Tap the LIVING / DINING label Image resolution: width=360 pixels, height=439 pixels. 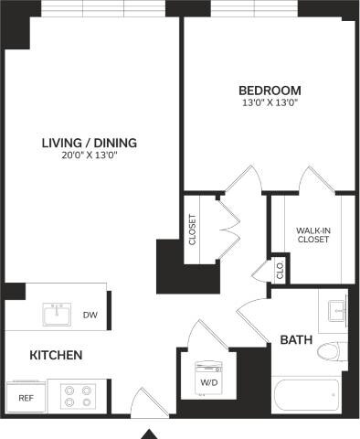click(89, 142)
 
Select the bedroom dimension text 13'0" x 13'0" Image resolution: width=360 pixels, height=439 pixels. click(270, 103)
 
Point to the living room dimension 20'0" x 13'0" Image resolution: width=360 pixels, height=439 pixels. click(89, 155)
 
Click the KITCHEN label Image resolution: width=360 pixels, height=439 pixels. click(57, 355)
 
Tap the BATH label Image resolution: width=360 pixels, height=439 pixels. click(296, 339)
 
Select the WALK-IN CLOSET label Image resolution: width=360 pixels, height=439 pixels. click(312, 234)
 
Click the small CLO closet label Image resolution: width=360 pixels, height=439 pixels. click(281, 272)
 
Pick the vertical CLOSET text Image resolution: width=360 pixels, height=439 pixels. click(192, 230)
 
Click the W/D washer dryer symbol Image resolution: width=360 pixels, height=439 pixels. click(209, 378)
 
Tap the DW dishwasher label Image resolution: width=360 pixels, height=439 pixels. click(90, 316)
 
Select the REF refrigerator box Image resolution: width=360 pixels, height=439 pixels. click(26, 398)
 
